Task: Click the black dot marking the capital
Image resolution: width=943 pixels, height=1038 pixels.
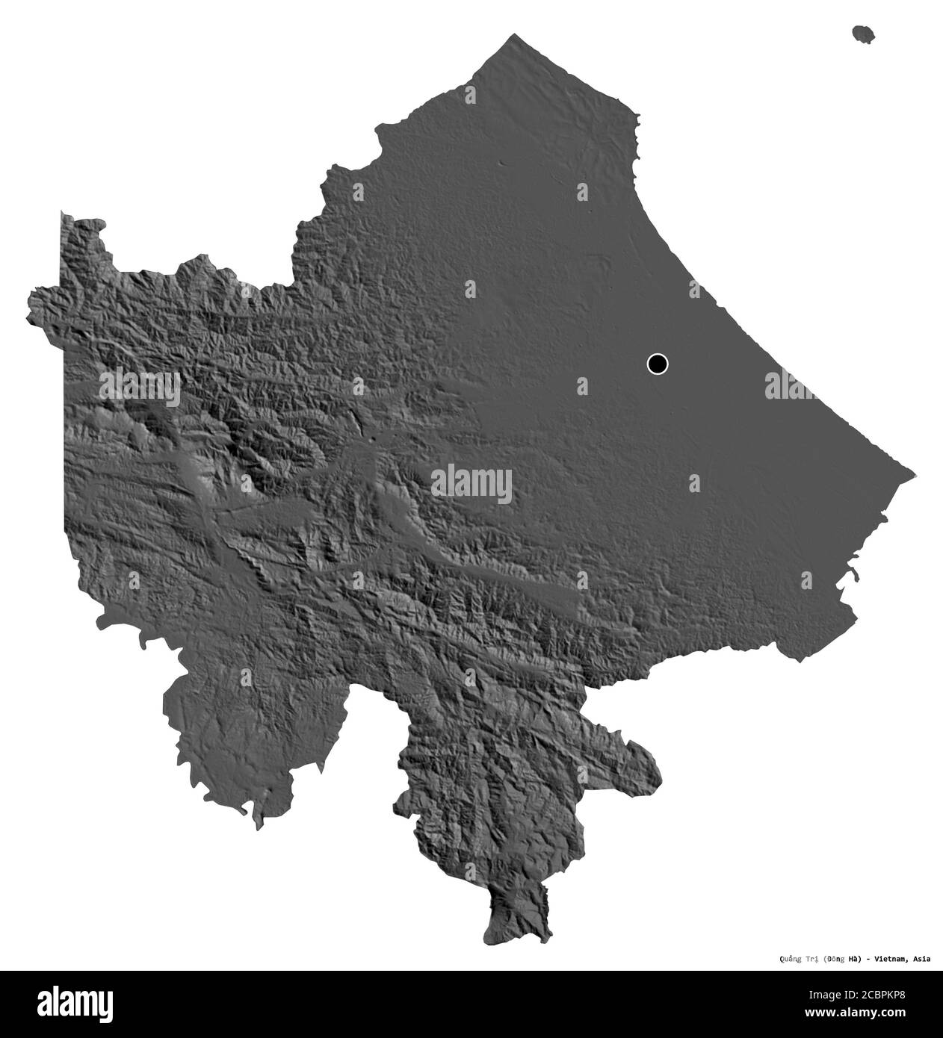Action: tap(657, 364)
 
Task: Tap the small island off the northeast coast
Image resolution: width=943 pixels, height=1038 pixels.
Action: tap(865, 34)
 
